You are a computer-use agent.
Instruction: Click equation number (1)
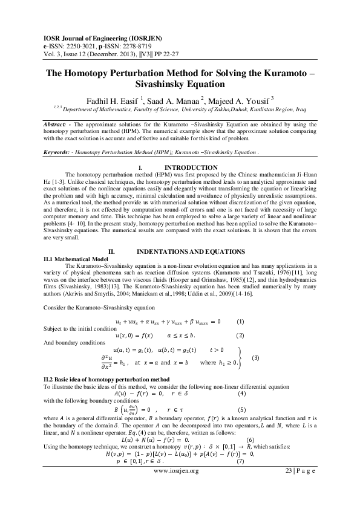point(240,321)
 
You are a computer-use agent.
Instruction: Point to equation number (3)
point(255,357)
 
